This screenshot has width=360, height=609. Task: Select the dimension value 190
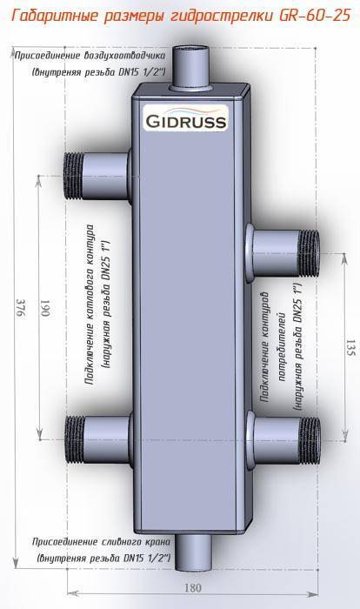click(x=44, y=308)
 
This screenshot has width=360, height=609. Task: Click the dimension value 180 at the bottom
click(x=192, y=587)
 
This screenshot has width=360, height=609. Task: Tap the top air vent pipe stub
click(x=191, y=67)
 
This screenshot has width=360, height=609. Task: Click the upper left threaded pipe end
click(x=74, y=176)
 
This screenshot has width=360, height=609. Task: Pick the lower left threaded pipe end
click(x=74, y=438)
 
